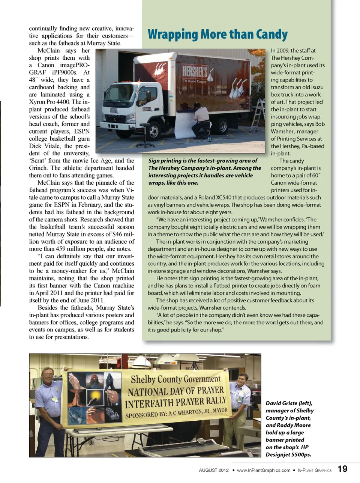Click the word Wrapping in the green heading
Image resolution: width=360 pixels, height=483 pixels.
(x=173, y=35)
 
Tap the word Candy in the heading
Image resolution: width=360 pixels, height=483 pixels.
(x=272, y=35)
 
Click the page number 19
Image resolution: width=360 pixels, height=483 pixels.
(x=342, y=469)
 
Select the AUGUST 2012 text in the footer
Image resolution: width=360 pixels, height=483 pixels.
(x=214, y=470)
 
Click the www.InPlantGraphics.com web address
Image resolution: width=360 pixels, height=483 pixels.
(x=263, y=470)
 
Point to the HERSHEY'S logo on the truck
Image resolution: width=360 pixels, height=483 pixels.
(x=195, y=71)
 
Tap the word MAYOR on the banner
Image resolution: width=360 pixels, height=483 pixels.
(x=220, y=410)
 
